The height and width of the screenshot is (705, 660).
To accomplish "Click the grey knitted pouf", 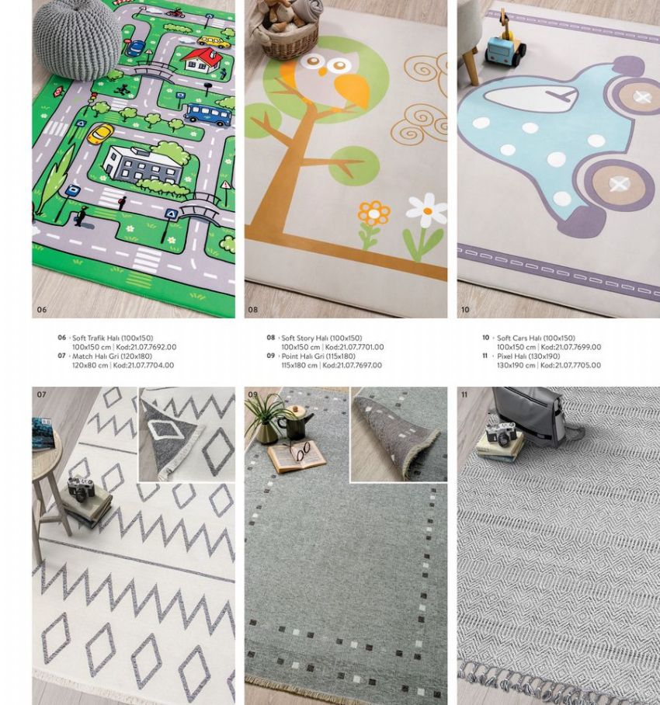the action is [77, 40].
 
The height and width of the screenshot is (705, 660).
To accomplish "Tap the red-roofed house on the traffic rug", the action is [200, 61].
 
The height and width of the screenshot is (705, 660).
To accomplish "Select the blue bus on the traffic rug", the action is [208, 114].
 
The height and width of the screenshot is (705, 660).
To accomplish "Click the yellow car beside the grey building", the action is [101, 134].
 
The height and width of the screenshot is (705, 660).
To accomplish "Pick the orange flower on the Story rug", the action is [373, 214].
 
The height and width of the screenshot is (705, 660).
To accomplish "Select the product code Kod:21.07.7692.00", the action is [146, 347].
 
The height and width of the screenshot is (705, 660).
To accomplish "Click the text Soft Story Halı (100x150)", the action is [321, 338].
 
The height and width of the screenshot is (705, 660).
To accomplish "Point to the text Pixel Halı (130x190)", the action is [528, 356].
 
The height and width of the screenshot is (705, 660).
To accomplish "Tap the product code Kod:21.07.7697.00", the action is [352, 365].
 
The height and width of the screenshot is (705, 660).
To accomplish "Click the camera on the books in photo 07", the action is [82, 488].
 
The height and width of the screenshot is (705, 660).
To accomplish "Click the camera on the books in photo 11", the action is [501, 433].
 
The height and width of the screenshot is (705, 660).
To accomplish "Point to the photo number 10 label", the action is [465, 309].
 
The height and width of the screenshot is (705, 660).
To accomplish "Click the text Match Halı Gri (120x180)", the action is [112, 356].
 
